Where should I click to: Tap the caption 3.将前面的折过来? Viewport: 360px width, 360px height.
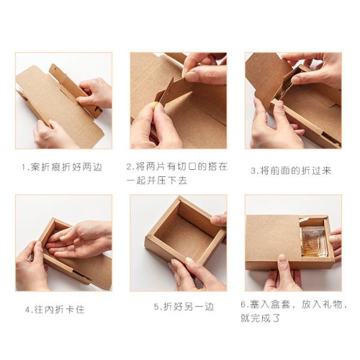point(291,170)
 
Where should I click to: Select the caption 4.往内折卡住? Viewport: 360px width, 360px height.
point(55,310)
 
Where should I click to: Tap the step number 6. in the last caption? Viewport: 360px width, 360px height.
point(245,305)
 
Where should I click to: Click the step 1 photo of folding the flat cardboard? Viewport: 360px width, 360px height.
point(64,100)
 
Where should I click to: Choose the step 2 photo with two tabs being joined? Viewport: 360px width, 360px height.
point(178,100)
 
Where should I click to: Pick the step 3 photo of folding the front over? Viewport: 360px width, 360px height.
point(293,100)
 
